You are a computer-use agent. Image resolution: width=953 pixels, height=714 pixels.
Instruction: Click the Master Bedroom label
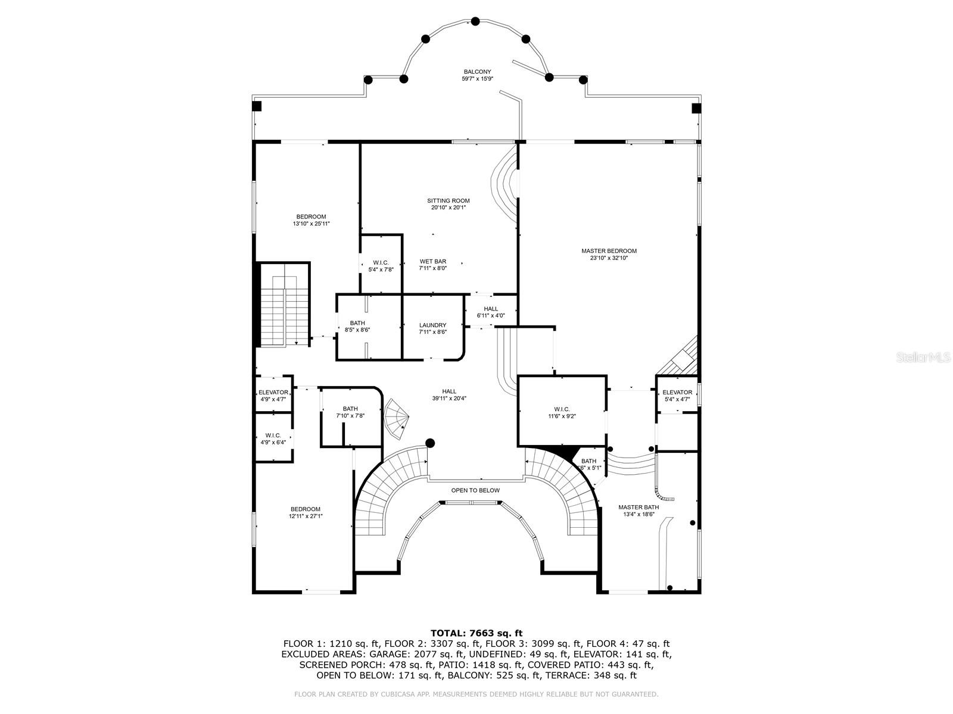(609, 251)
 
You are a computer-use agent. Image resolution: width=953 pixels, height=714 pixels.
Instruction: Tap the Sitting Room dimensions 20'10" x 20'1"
(448, 208)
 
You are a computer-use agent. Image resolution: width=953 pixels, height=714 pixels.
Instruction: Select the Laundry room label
(432, 325)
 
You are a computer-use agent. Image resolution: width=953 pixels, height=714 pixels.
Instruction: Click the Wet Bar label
(432, 262)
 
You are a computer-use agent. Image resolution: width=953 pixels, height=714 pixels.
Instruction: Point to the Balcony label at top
(477, 71)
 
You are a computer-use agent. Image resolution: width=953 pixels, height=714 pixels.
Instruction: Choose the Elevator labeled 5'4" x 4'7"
(677, 393)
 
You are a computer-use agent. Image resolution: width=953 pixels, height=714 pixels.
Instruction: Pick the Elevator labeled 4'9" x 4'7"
(273, 393)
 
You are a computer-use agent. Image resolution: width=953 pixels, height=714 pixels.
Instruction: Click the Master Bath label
(639, 507)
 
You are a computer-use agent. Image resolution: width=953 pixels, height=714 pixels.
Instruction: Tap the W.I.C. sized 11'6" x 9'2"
(562, 409)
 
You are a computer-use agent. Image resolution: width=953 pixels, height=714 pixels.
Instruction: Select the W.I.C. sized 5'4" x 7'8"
(381, 263)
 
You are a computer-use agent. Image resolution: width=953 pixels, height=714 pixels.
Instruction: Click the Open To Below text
(475, 490)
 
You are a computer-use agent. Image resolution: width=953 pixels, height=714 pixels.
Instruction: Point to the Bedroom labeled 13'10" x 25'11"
(311, 217)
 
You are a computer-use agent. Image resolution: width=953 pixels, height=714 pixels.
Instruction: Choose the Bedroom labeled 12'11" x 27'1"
(306, 509)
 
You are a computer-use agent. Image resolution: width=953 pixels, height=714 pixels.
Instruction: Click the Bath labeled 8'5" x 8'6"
(357, 323)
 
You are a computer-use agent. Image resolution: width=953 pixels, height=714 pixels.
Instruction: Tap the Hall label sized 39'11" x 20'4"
(449, 392)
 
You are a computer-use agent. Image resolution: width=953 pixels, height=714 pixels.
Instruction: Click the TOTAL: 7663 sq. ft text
(476, 632)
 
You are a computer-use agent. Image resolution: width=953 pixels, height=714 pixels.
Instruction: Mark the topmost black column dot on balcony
(475, 21)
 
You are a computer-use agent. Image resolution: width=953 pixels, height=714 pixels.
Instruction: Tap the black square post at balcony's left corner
(257, 107)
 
